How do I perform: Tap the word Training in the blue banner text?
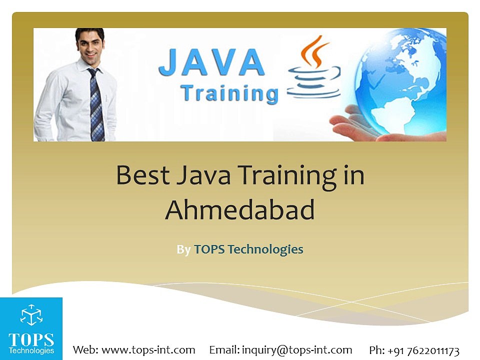coord(229,93)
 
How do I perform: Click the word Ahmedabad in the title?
coord(240,210)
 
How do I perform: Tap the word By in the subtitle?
coord(183,249)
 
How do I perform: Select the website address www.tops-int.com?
coord(148,349)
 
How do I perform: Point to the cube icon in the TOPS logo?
coord(31,315)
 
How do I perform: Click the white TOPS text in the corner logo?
coord(31,339)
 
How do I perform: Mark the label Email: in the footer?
coord(224,349)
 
